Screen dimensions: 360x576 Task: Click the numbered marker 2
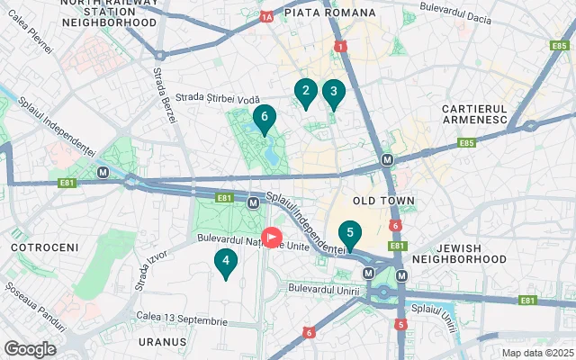tap(305, 91)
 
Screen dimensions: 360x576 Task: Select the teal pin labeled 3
tap(334, 92)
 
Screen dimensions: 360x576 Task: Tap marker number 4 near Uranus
tap(225, 262)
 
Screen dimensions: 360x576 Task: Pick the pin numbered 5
tap(349, 232)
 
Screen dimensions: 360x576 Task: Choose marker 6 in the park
tap(264, 117)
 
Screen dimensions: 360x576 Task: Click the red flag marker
tap(271, 239)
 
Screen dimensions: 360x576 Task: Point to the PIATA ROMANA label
tap(328, 13)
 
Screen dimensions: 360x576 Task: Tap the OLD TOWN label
tap(383, 201)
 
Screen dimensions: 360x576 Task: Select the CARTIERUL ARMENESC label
tap(477, 114)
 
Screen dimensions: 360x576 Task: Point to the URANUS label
tap(163, 343)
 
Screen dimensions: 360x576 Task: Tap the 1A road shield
tap(265, 16)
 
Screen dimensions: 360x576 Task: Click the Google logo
tap(30, 348)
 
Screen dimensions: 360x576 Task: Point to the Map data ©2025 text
tap(536, 353)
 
